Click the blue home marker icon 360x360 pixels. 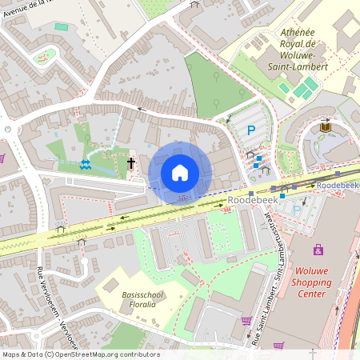[x=180, y=172]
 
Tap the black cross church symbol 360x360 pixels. [x=130, y=163]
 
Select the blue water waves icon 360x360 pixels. [x=85, y=165]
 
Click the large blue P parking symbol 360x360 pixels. [x=250, y=130]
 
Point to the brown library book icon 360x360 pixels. [x=325, y=127]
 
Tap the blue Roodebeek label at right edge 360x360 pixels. [x=337, y=185]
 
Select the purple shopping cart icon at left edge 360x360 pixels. [x=2, y=157]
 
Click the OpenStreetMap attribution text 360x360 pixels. [x=80, y=354]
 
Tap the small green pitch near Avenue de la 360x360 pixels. [x=62, y=26]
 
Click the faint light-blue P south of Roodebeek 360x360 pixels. [x=298, y=210]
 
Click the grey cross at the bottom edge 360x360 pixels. [x=313, y=353]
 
